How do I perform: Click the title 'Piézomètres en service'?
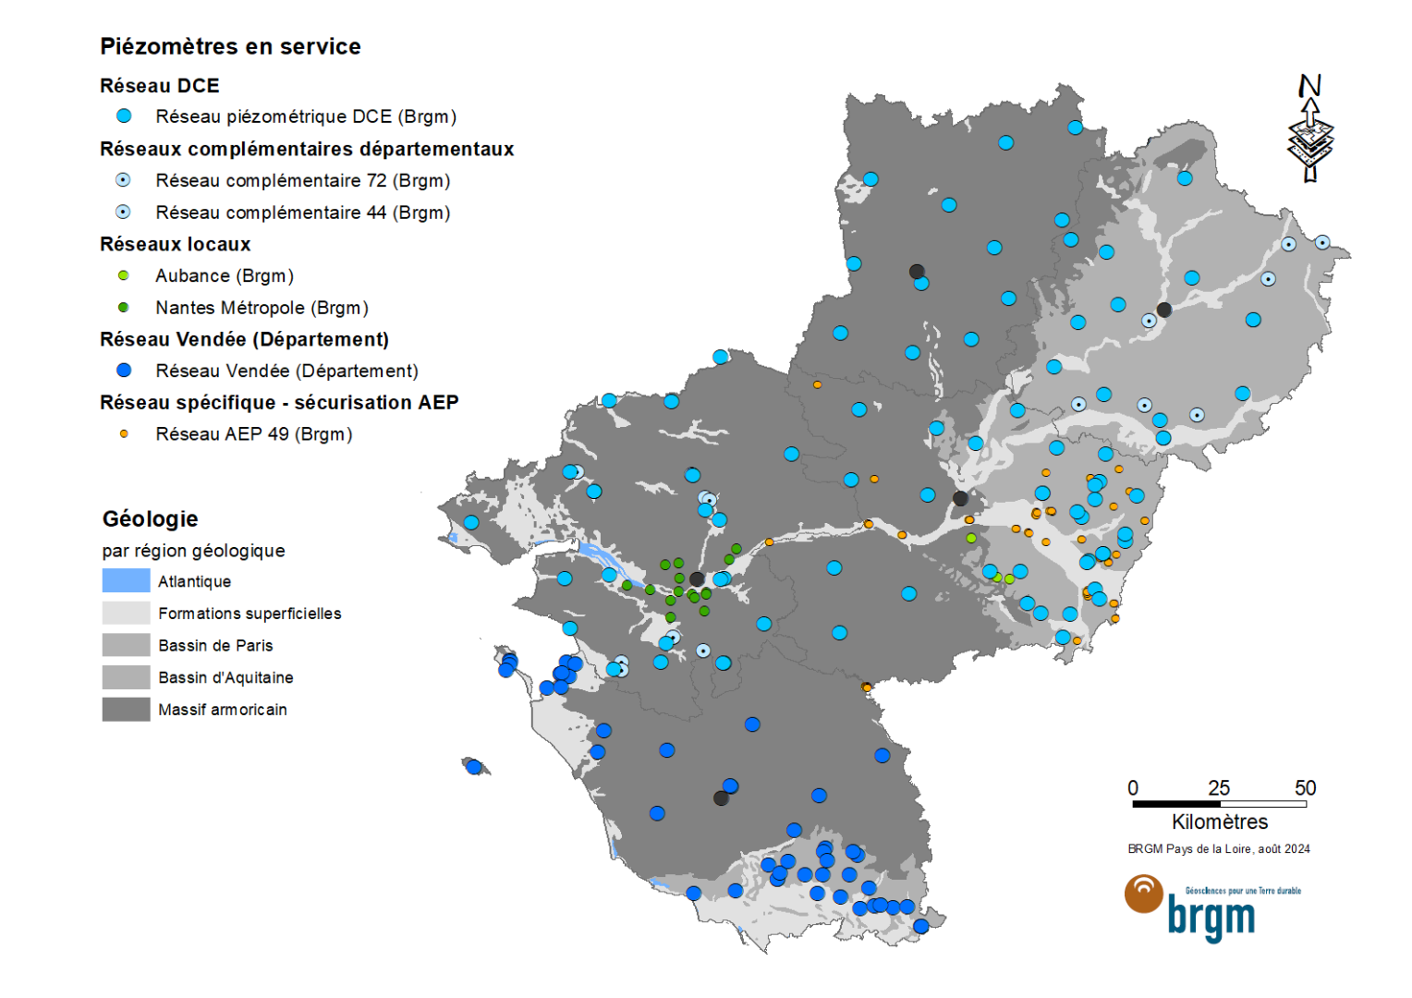pyautogui.click(x=230, y=46)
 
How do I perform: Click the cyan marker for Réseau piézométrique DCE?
pyautogui.click(x=124, y=116)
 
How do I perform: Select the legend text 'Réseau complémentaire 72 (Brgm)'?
pyautogui.click(x=302, y=180)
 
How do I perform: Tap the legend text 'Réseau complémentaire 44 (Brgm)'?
pyautogui.click(x=302, y=213)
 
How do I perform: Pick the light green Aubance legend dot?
pyautogui.click(x=124, y=275)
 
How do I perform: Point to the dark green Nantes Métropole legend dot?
pyautogui.click(x=124, y=308)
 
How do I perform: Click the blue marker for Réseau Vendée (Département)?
pyautogui.click(x=124, y=371)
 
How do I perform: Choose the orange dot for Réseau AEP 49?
pyautogui.click(x=124, y=433)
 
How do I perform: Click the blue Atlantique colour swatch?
pyautogui.click(x=126, y=580)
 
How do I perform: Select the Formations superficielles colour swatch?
pyautogui.click(x=126, y=613)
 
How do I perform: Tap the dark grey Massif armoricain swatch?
pyautogui.click(x=126, y=709)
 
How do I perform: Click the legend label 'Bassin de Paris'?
pyautogui.click(x=215, y=645)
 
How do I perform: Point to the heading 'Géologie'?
pyautogui.click(x=150, y=518)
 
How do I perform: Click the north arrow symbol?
pyautogui.click(x=1309, y=129)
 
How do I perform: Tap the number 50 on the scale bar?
pyautogui.click(x=1305, y=788)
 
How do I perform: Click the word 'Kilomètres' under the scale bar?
pyautogui.click(x=1219, y=822)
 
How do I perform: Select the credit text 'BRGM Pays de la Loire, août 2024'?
pyautogui.click(x=1218, y=848)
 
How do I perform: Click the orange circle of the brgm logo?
pyautogui.click(x=1144, y=893)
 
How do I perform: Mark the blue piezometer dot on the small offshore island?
pyautogui.click(x=474, y=767)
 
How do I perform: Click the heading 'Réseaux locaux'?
pyautogui.click(x=175, y=244)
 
